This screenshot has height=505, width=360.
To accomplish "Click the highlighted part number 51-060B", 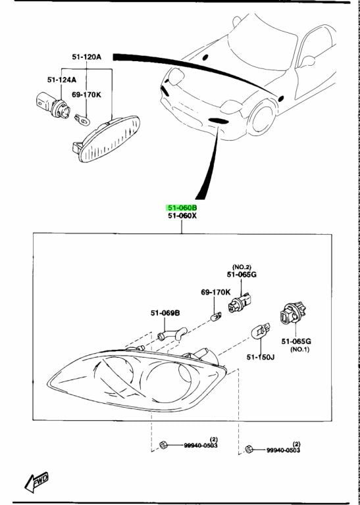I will pyautogui.click(x=182, y=207).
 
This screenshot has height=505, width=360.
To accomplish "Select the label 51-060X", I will pyautogui.click(x=182, y=216).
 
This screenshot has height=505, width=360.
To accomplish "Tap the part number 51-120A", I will pyautogui.click(x=87, y=57).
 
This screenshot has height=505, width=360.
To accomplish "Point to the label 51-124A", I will pyautogui.click(x=61, y=80).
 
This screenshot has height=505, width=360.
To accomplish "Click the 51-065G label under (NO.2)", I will pyautogui.click(x=241, y=275).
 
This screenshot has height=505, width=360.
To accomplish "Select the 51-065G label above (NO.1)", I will pyautogui.click(x=296, y=341).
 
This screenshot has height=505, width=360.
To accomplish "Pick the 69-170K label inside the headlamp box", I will pyautogui.click(x=216, y=292).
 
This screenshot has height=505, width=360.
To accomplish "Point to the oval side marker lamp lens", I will pyautogui.click(x=109, y=138).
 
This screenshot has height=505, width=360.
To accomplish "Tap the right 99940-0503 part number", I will pyautogui.click(x=283, y=450).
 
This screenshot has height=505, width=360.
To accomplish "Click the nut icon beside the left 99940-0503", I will pyautogui.click(x=163, y=446).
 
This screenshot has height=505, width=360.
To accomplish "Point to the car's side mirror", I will pyautogui.click(x=307, y=61).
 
